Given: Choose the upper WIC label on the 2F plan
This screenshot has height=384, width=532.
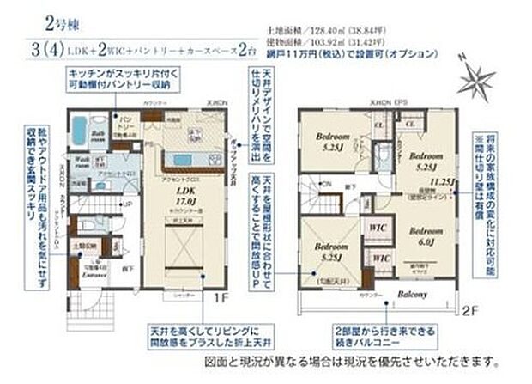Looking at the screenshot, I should point(375,227).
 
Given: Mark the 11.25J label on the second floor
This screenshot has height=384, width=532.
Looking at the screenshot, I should point(443,182).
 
